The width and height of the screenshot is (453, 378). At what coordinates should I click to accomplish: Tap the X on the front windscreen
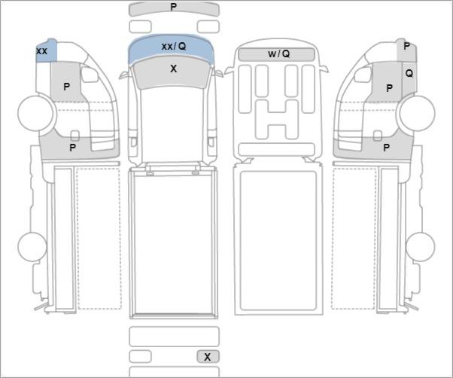[173, 69]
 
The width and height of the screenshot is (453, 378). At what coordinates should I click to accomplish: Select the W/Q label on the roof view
[278, 53]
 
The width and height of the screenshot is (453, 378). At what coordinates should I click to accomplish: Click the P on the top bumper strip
[173, 7]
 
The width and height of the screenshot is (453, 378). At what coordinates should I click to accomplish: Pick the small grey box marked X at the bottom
[208, 357]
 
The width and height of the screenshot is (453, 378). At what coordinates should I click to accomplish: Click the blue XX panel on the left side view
[46, 50]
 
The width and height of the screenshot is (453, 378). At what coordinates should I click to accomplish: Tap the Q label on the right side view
[409, 74]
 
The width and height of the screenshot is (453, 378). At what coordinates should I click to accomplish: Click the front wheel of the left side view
[35, 113]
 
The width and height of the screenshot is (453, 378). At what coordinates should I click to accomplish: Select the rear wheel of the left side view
[32, 247]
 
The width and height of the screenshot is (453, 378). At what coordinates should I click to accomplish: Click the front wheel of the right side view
[417, 113]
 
